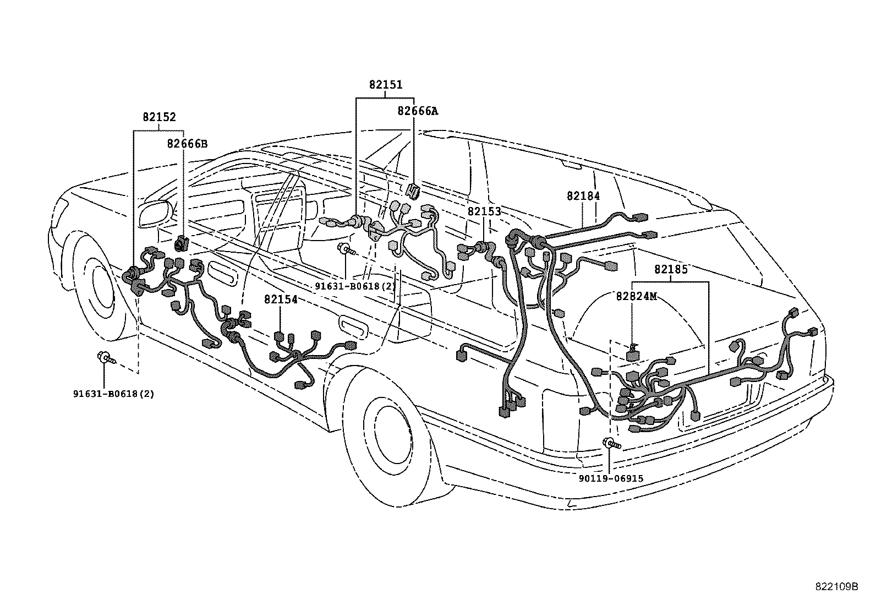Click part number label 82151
pos(385,85)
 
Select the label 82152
pos(159,117)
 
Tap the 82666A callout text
pos(418,111)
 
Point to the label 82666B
pos(187,144)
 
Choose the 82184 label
pos(583,196)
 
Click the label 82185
pos(671,270)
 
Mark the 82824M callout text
pos(636,296)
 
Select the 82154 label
pos(281,299)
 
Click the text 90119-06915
pos(611,479)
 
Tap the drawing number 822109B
pos(836,586)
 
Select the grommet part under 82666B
pos(181,243)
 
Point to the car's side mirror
pos(155,214)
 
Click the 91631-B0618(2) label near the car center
pos(355,286)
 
